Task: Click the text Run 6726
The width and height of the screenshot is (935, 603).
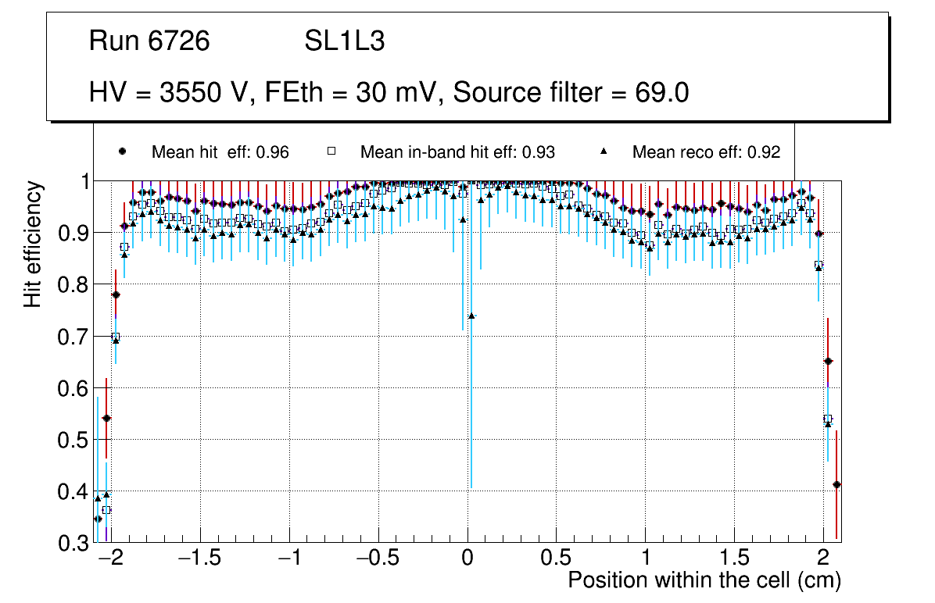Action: (149, 41)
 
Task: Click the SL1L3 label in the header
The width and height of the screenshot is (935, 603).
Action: (345, 41)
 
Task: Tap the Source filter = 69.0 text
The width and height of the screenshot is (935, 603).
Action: (571, 92)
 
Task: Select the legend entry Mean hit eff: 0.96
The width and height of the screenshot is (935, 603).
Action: (220, 152)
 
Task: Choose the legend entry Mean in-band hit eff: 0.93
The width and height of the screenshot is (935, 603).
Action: (457, 152)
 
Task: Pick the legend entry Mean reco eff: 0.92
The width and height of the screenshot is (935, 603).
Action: (706, 152)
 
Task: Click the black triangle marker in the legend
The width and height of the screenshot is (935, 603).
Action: (608, 152)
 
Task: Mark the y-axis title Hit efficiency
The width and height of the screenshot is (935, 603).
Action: (33, 244)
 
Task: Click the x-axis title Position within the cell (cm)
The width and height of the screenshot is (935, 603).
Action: (704, 580)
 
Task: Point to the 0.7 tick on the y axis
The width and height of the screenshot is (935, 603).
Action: (73, 337)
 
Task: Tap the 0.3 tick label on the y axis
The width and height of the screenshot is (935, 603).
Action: (73, 543)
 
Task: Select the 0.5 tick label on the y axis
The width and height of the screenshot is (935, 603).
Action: (73, 440)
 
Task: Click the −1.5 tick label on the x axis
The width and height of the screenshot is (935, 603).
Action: (200, 559)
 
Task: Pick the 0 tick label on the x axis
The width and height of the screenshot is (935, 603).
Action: (467, 559)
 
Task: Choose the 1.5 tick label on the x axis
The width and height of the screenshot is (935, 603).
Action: (734, 559)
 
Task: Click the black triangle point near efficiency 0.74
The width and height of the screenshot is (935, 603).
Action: (471, 316)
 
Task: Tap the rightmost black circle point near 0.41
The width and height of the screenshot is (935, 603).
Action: (836, 484)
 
